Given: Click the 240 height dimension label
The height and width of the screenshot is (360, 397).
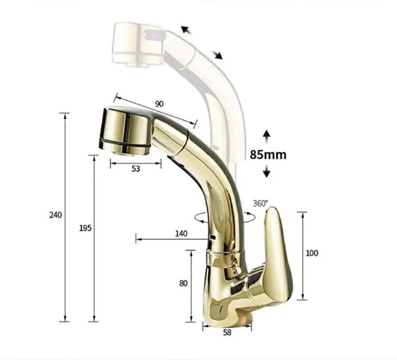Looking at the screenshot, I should point(56,215).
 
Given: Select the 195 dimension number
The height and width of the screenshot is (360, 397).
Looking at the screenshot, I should point(85,228).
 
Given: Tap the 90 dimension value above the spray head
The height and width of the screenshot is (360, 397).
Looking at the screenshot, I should point(159,103).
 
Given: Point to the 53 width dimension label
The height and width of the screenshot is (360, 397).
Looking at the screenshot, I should point(136,169).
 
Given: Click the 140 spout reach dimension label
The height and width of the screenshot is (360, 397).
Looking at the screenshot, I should point(181,233).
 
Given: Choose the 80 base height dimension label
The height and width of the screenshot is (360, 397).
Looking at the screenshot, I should point(183,283).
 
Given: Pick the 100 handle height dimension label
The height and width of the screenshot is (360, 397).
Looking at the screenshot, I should point(312,253).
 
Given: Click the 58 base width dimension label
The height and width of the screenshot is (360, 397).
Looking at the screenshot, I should point(227,333).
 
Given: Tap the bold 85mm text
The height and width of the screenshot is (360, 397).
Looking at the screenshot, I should point(268,155).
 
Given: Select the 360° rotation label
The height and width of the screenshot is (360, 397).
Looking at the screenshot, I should point(260,203).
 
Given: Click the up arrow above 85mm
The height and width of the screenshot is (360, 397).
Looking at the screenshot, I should point(267,136).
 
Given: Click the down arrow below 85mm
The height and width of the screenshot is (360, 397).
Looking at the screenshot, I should point(267,171).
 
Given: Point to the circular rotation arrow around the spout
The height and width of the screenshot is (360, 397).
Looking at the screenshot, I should point(200,217).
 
